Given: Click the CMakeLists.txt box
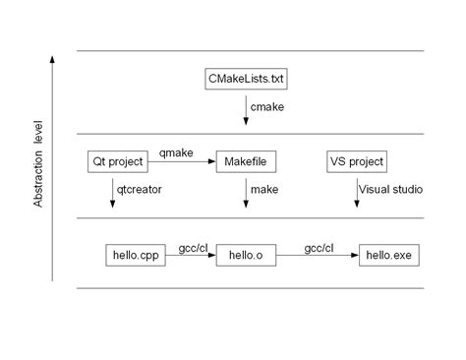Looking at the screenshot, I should tap(246, 79).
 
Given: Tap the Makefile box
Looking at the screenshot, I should tap(246, 161).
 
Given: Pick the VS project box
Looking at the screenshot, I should tap(357, 161).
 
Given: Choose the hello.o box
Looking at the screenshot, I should tap(245, 256).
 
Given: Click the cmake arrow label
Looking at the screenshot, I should tap(267, 105).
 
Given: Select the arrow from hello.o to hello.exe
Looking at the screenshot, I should tap(317, 256).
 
